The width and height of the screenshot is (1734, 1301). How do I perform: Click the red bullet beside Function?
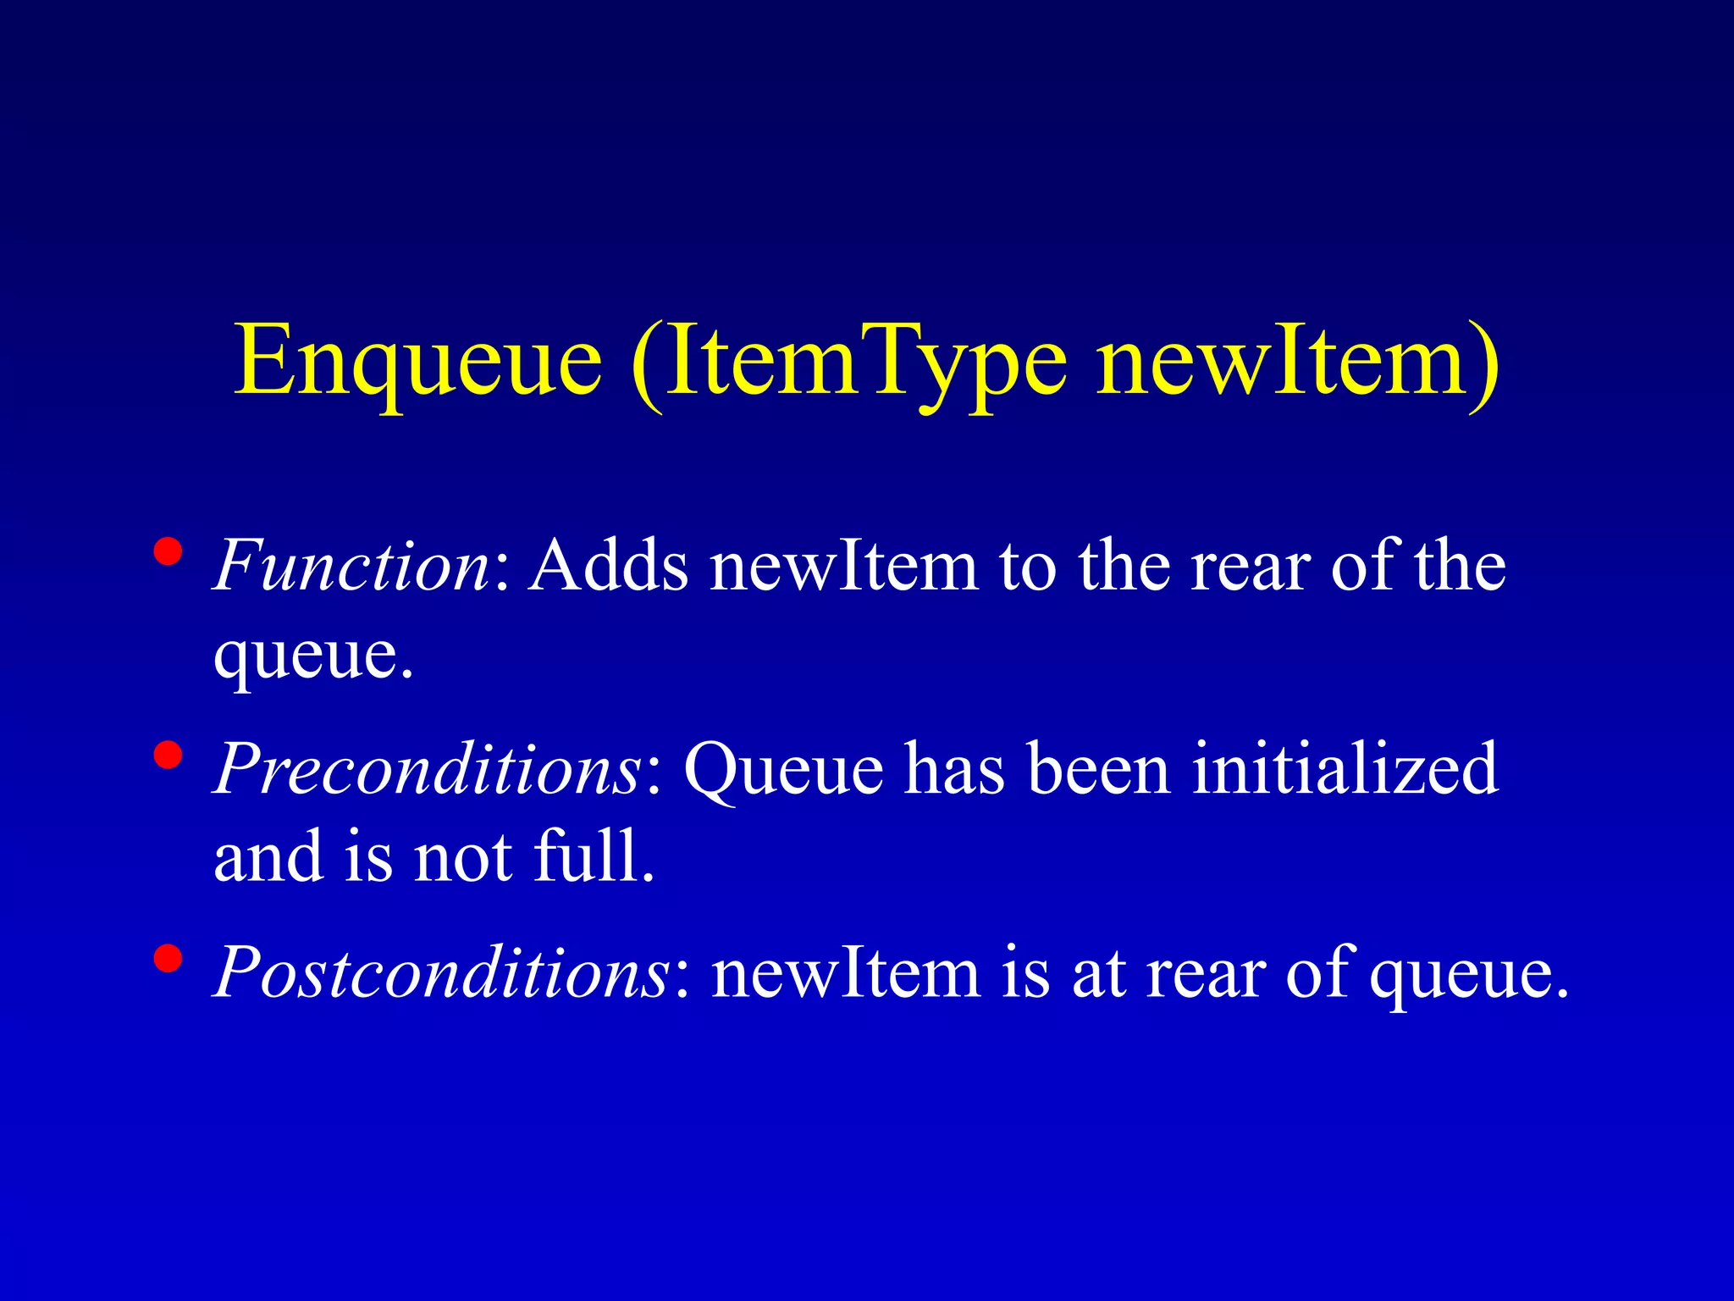[x=168, y=552]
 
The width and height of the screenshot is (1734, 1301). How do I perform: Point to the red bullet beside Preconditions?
[x=168, y=755]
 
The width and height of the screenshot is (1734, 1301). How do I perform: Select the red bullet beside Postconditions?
[x=168, y=959]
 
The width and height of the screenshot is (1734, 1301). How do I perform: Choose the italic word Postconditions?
[x=442, y=972]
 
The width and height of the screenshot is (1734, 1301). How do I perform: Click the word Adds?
[x=609, y=565]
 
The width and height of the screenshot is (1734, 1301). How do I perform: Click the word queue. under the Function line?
[x=313, y=656]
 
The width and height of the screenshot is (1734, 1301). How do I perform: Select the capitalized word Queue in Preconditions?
[x=783, y=768]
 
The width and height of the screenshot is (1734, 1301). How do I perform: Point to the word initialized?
[x=1345, y=768]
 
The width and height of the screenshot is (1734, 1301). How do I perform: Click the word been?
[x=1098, y=768]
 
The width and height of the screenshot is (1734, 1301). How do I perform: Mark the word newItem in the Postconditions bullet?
[x=846, y=972]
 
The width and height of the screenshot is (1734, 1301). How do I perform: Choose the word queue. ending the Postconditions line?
[x=1469, y=972]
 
